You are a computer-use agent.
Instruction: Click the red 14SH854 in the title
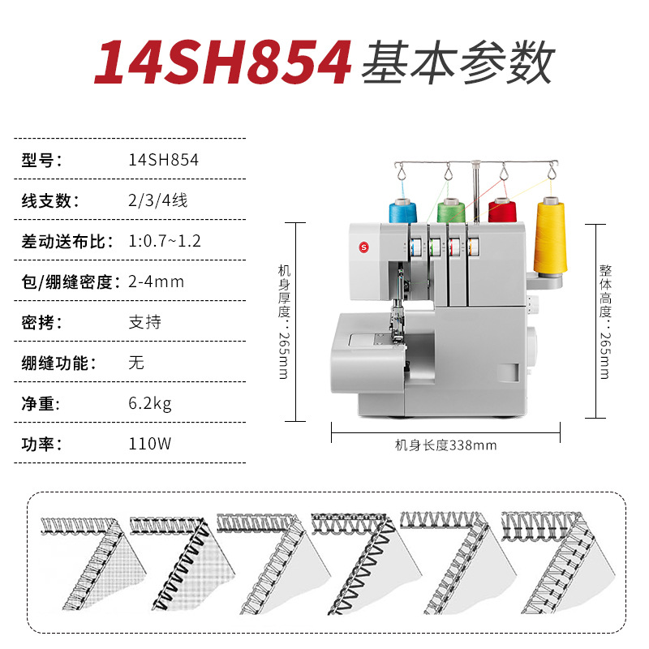click(x=223, y=62)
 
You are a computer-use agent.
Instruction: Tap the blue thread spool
click(x=402, y=211)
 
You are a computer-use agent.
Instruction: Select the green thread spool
click(x=451, y=211)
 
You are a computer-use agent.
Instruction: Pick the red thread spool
click(x=501, y=211)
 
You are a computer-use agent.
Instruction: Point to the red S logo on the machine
click(x=363, y=247)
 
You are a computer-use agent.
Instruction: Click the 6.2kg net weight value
click(x=150, y=403)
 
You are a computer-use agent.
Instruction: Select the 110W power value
click(x=150, y=444)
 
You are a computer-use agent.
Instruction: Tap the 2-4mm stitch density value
click(x=156, y=282)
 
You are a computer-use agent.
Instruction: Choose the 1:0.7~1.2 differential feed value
click(x=165, y=241)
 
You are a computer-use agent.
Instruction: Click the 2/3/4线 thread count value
click(x=157, y=200)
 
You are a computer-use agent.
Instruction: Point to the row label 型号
click(x=41, y=160)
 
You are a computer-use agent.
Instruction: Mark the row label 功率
click(x=41, y=444)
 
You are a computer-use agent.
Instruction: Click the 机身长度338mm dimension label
click(x=445, y=445)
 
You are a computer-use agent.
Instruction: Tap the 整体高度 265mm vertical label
click(x=604, y=321)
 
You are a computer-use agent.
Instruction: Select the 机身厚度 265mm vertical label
click(x=284, y=321)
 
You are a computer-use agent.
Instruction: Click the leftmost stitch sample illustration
click(x=93, y=564)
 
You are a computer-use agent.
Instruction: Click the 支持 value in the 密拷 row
click(x=145, y=322)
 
